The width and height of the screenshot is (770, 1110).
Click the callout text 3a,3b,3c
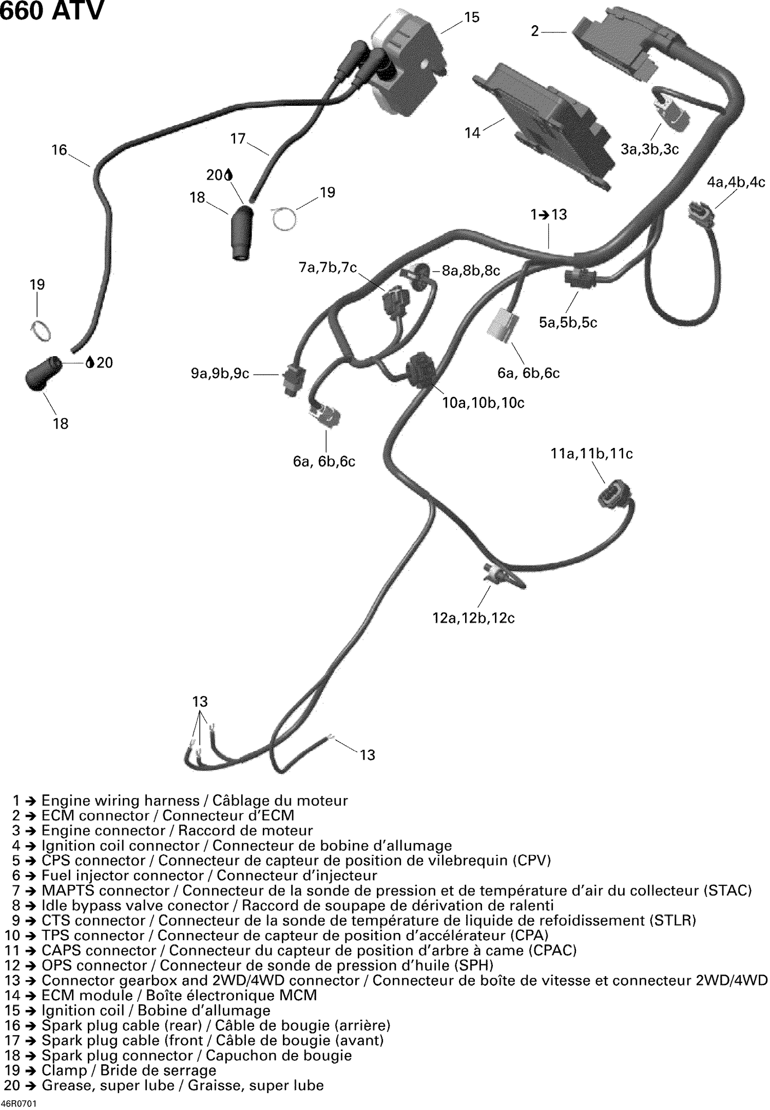[649, 149]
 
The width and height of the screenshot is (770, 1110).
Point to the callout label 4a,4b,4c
[736, 182]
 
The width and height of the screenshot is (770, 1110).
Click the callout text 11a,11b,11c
[591, 454]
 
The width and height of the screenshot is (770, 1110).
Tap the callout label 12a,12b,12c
[473, 618]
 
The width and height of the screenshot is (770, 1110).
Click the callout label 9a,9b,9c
[220, 374]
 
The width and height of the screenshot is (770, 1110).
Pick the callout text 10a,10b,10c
[483, 403]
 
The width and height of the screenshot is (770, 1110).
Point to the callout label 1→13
[549, 215]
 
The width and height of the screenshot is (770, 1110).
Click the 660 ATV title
[51, 11]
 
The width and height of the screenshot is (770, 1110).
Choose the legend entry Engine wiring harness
[180, 801]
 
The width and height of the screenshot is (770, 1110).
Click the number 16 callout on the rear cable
[60, 150]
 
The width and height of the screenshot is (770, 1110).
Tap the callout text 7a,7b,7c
[328, 268]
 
